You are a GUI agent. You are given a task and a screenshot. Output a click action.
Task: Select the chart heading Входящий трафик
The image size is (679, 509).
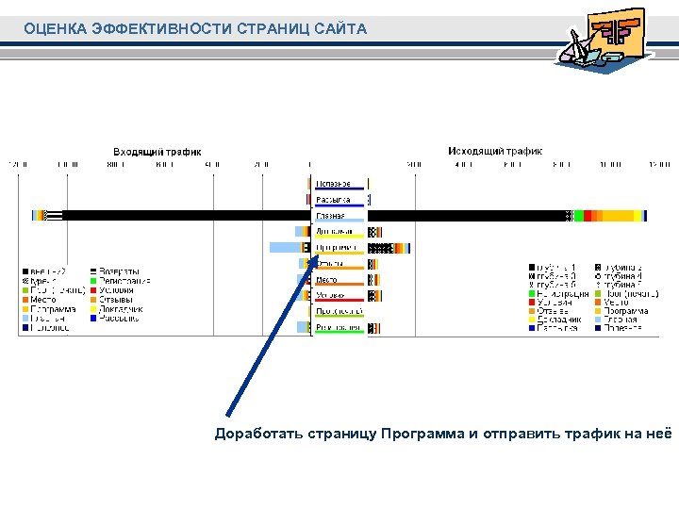coord(157,151)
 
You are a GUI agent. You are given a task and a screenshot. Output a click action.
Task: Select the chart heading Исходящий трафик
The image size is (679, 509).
coord(495,151)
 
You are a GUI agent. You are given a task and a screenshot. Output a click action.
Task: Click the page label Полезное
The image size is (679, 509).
coord(333,183)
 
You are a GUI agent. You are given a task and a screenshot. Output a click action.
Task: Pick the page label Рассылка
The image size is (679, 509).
coord(333,200)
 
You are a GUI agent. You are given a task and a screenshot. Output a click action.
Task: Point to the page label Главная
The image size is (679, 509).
coord(330,216)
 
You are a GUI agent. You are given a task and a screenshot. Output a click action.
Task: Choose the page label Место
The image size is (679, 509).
coord(327,280)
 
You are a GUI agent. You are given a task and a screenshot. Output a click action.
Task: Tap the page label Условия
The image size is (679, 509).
coord(330,295)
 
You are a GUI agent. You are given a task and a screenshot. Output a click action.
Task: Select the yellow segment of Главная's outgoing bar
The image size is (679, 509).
coord(618,216)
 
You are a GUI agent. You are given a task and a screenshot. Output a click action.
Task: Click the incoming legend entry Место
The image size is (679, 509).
coord(42,300)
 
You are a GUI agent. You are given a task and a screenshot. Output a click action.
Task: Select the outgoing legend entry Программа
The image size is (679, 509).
coord(625,310)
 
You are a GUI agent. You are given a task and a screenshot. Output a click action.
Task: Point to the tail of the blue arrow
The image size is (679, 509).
coord(227,415)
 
